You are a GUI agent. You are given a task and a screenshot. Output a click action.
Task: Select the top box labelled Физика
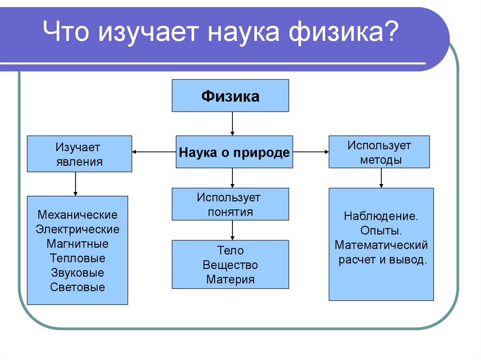(230, 96)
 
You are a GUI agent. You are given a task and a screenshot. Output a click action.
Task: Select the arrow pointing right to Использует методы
(310, 152)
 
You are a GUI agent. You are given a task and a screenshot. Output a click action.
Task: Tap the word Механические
(78, 215)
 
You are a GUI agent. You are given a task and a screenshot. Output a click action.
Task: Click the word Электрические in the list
(78, 230)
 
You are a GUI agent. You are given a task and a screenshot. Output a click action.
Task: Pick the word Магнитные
(78, 244)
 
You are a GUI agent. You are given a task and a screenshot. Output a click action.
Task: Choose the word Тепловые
(78, 258)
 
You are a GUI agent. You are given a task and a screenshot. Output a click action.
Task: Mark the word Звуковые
(78, 273)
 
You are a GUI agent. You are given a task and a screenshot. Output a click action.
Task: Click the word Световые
(78, 287)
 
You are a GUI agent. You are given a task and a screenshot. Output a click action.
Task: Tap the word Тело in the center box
(230, 251)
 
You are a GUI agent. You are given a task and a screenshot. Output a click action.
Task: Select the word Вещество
(230, 265)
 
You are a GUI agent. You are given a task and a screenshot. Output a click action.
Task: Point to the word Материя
(230, 280)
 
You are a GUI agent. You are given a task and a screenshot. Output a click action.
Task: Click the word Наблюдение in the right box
(380, 217)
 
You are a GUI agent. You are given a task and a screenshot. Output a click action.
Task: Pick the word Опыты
(380, 231)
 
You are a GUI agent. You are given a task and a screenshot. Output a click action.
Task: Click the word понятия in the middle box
(230, 212)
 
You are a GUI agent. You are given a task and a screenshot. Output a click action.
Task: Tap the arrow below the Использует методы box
(381, 178)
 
